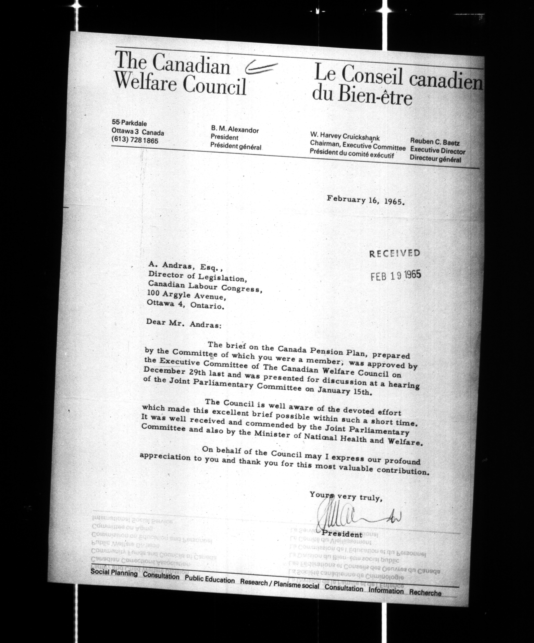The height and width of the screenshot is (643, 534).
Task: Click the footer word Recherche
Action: [x=425, y=593]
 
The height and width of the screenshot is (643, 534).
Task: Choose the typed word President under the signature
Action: [x=342, y=534]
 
